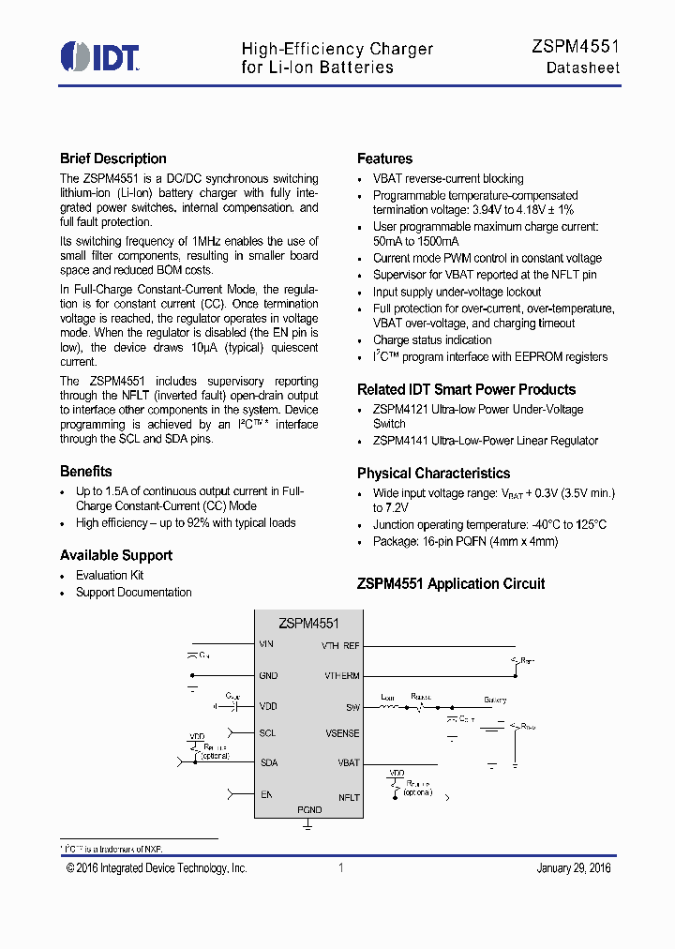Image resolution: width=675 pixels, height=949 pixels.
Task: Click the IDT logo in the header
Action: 99,56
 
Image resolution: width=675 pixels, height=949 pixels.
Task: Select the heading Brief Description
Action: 113,158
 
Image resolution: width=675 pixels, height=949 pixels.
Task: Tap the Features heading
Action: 384,158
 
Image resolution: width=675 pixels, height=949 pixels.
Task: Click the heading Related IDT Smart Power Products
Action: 466,389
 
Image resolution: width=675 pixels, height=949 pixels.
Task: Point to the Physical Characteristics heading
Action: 433,473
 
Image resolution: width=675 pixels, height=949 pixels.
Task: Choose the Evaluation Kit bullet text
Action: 110,575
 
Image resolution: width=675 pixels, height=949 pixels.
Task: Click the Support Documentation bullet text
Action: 133,592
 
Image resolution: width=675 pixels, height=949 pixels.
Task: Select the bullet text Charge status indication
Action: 432,339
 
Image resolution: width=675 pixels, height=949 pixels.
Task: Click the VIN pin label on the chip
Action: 266,644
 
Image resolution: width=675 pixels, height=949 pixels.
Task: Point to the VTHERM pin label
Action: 341,675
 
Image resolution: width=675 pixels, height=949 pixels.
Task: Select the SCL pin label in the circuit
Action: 267,732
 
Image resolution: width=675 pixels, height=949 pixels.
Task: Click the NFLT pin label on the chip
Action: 349,797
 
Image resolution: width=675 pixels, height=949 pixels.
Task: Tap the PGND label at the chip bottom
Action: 308,809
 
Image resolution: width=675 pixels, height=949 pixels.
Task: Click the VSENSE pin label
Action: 342,733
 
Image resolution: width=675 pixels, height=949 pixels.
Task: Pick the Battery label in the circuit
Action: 495,700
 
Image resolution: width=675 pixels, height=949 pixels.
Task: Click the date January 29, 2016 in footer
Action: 573,867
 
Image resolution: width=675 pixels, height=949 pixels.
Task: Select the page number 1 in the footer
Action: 340,867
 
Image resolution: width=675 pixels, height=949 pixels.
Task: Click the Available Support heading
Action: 116,555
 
